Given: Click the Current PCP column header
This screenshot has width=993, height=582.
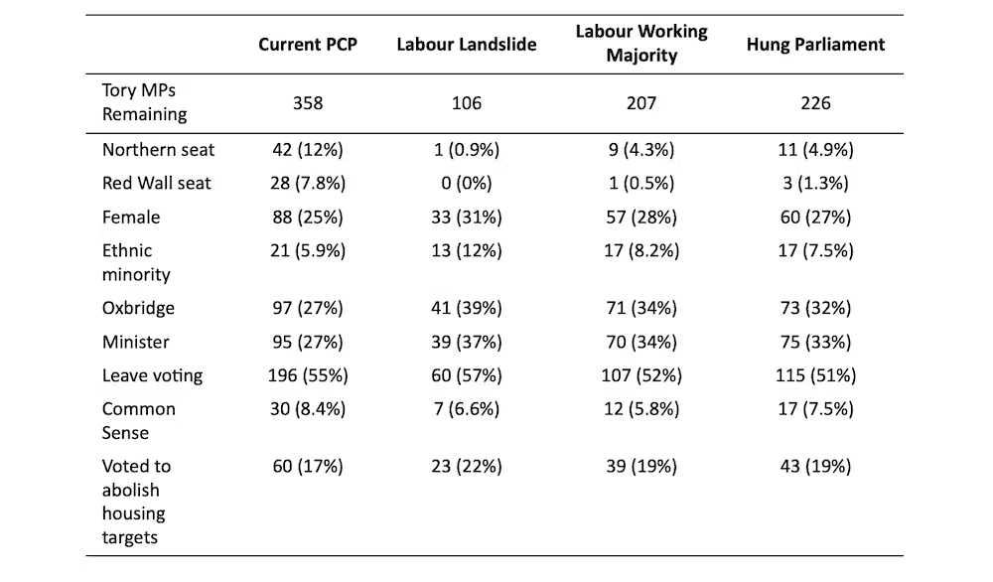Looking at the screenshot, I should (307, 45).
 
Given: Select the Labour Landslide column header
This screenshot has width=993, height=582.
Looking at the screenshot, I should (467, 45).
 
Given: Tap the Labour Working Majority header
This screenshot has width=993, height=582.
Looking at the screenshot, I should (641, 44).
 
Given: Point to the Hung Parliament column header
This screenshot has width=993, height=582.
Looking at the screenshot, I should (815, 45).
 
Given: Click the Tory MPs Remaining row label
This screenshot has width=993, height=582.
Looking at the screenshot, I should (144, 102).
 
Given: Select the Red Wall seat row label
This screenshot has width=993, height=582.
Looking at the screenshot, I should (157, 184).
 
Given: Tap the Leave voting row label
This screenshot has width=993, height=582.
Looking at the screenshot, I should (152, 375).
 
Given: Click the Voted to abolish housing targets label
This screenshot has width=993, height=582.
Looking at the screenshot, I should (136, 502).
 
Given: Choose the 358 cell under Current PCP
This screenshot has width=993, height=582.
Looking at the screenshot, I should (307, 103).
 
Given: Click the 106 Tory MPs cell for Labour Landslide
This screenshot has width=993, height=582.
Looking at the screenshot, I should (467, 103).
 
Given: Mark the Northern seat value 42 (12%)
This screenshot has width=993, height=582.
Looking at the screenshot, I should (307, 150).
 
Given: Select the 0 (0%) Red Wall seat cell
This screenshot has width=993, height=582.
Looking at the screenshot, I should (467, 184).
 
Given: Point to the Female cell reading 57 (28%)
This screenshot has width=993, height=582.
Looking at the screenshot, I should (641, 218).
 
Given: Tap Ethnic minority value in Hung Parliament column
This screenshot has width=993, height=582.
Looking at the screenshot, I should (815, 251).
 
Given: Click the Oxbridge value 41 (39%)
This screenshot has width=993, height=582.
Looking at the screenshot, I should (467, 309).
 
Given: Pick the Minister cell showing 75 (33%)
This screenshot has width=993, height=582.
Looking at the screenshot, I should (815, 343).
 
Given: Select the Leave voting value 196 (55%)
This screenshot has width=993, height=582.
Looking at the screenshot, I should (307, 375).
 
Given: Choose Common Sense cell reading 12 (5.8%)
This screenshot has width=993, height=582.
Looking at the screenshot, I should (641, 409).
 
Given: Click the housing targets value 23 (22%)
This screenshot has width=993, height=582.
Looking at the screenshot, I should (467, 467).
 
